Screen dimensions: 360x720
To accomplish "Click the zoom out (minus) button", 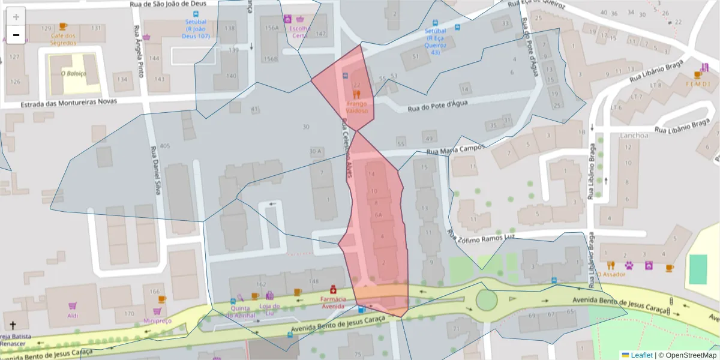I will (x=16, y=35).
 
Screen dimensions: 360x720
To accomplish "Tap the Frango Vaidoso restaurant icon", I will (x=356, y=94).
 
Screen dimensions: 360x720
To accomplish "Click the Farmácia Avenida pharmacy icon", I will (x=332, y=289).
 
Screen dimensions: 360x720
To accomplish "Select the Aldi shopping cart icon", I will (x=73, y=306).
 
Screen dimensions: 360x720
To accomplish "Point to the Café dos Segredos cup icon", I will (x=63, y=26).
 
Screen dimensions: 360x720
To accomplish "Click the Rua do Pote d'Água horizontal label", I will (x=437, y=109).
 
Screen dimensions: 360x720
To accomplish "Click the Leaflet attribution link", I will (x=641, y=355).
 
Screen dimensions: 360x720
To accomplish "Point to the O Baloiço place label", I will (x=74, y=74).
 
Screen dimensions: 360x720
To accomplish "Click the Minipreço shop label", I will (x=157, y=321).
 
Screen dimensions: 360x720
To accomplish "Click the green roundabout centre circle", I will (x=486, y=299).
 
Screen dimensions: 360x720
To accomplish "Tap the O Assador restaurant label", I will (x=612, y=275).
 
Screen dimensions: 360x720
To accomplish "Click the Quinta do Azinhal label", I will (x=242, y=311).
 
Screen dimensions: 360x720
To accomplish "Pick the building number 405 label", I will (x=165, y=146).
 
